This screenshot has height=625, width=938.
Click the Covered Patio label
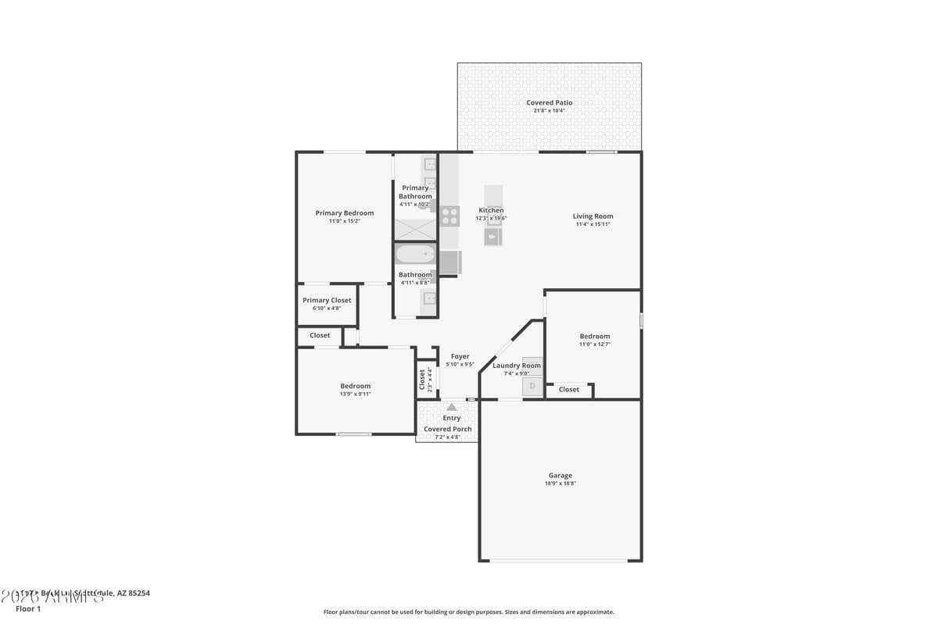pos(549,102)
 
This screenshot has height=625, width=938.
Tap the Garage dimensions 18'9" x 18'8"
pos(560,484)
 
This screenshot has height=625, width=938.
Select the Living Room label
pos(593,216)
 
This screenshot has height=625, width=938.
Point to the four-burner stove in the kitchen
pos(449,216)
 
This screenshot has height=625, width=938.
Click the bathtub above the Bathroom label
pos(415,254)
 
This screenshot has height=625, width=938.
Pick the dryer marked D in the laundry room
pos(532,386)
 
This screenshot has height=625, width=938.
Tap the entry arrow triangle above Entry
pos(451,407)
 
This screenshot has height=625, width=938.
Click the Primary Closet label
pos(327,300)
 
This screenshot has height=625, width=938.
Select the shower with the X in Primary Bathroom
pos(414,228)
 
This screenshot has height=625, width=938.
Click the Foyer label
pos(460,356)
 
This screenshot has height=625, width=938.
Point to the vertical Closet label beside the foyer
pos(422,379)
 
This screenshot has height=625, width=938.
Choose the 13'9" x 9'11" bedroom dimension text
pos(355,395)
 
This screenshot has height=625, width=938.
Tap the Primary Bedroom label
pos(344,212)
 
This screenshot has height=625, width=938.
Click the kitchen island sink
pos(493,235)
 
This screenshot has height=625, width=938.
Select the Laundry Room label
pos(516,366)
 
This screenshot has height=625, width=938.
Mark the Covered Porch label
pos(447,429)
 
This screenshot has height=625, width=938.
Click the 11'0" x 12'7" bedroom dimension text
pos(594,345)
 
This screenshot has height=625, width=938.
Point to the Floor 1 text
pos(27,609)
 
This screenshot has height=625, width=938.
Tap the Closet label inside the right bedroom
pos(568,389)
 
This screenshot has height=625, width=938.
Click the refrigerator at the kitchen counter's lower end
pos(449,262)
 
